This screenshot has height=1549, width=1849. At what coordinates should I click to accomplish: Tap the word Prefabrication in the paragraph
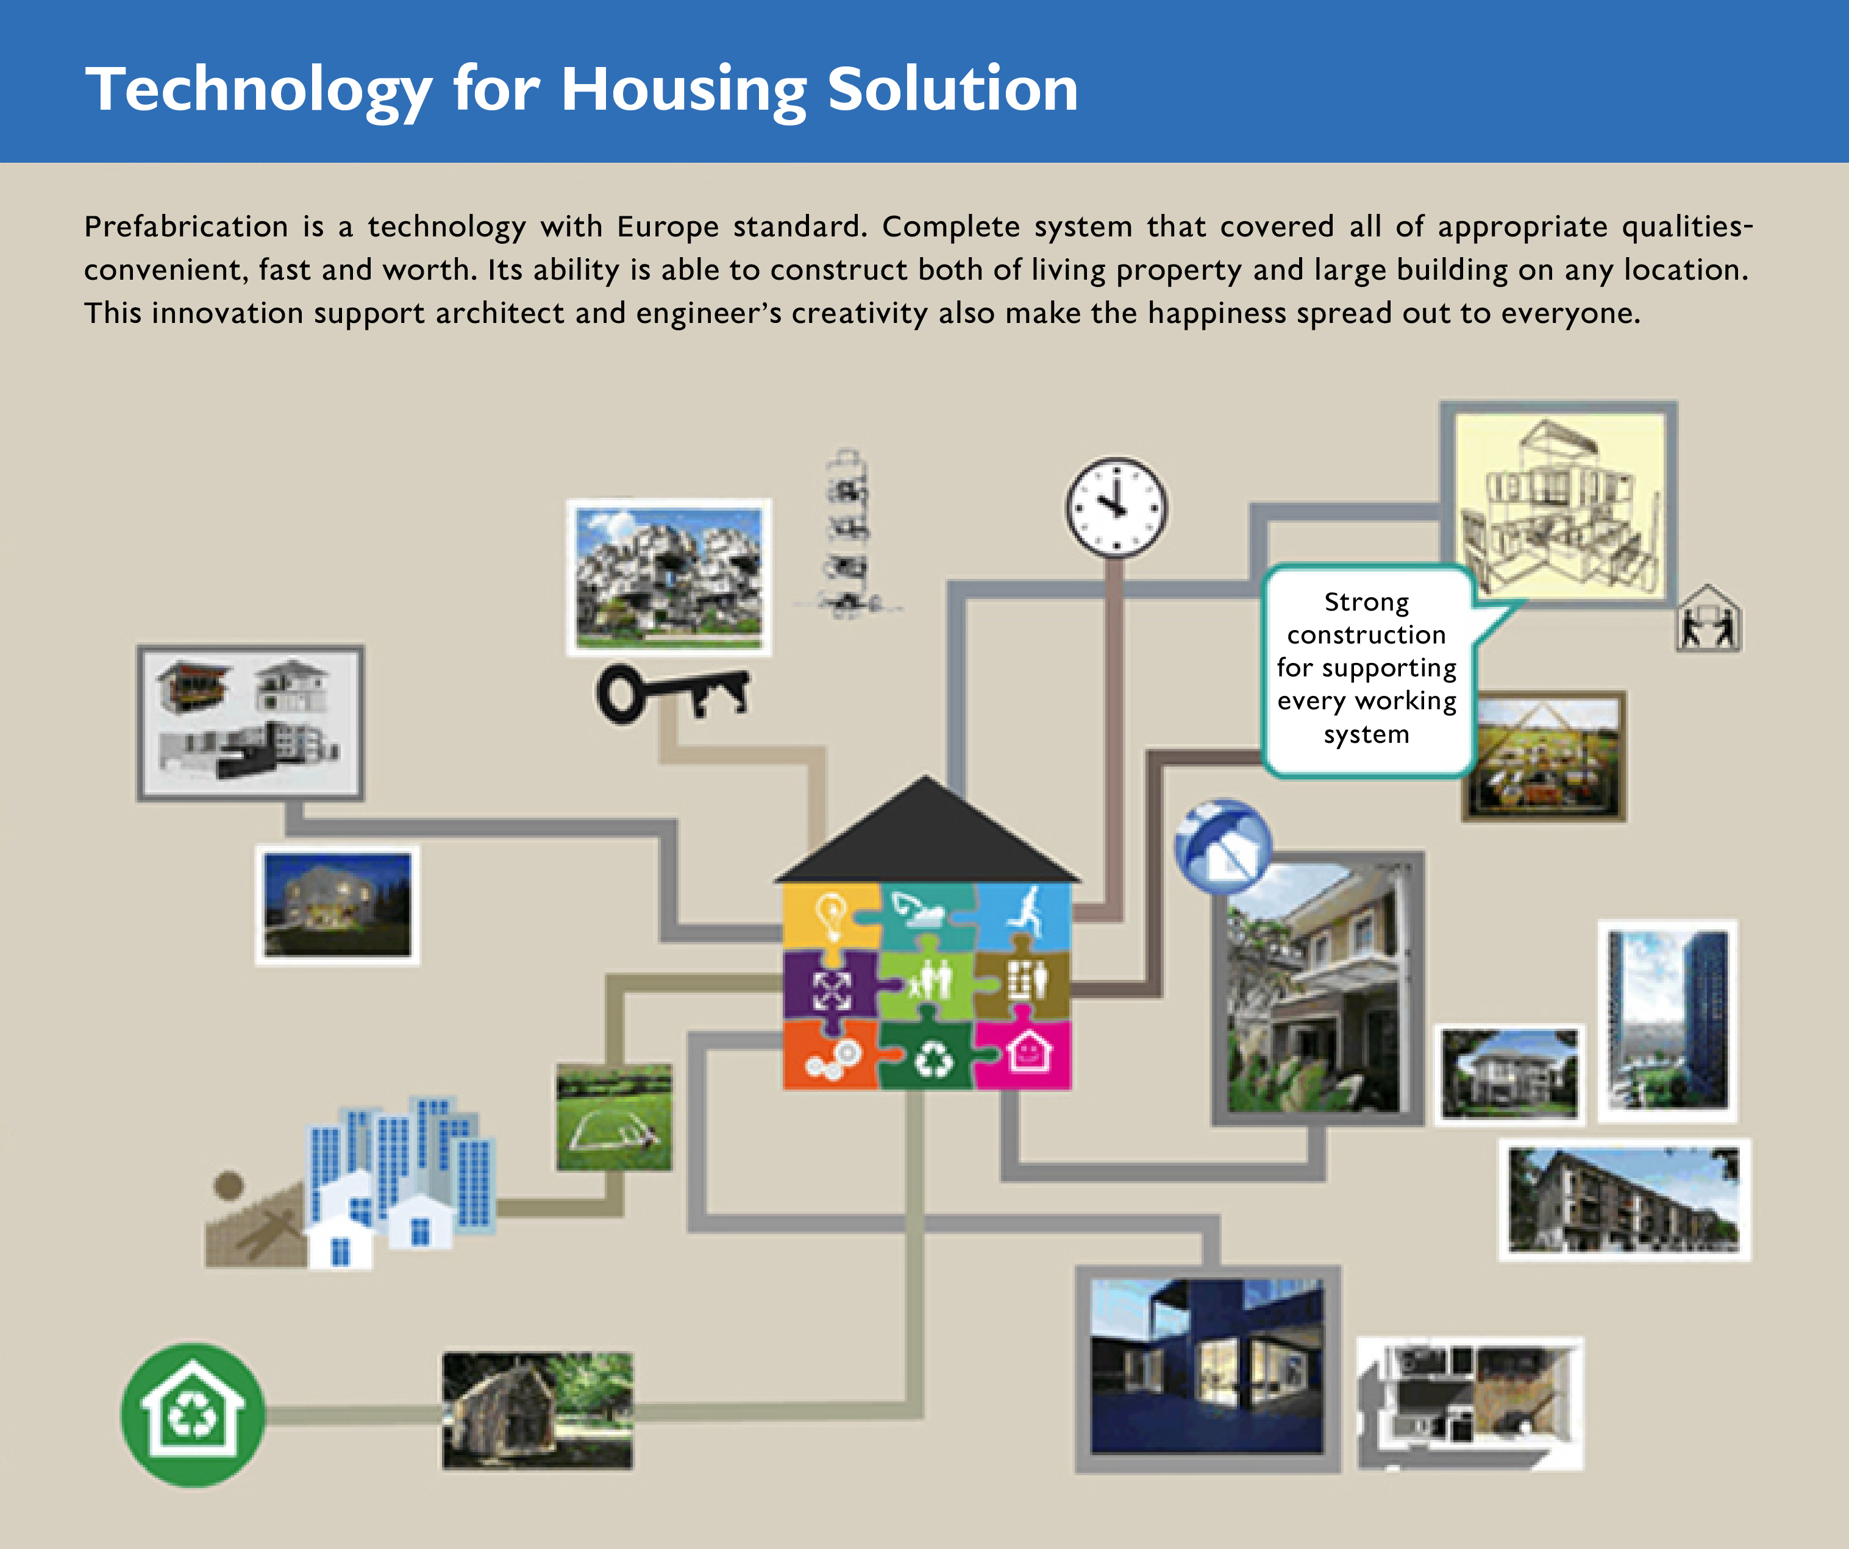(186, 227)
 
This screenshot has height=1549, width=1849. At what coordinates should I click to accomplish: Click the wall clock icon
(1116, 508)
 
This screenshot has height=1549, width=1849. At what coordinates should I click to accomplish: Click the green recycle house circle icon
(193, 1414)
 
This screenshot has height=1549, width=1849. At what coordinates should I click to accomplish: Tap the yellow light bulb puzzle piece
(831, 918)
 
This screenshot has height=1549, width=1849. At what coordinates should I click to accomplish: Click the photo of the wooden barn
(537, 1411)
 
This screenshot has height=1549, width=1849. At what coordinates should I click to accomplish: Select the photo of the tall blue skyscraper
(1667, 1021)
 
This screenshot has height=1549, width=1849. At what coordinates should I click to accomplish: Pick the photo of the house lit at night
(337, 906)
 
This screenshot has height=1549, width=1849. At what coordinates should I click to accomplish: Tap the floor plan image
(1470, 1404)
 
